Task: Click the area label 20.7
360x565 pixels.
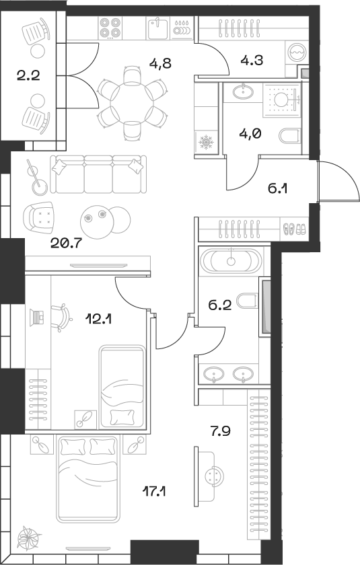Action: tap(65, 243)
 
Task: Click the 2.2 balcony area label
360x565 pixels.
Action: tap(29, 75)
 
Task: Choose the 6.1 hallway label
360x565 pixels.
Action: tap(279, 189)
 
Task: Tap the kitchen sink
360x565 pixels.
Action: tap(157, 29)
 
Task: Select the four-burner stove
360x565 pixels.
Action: tap(110, 28)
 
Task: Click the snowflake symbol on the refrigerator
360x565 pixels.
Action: tap(205, 143)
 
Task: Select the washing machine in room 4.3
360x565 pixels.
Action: tap(296, 53)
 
